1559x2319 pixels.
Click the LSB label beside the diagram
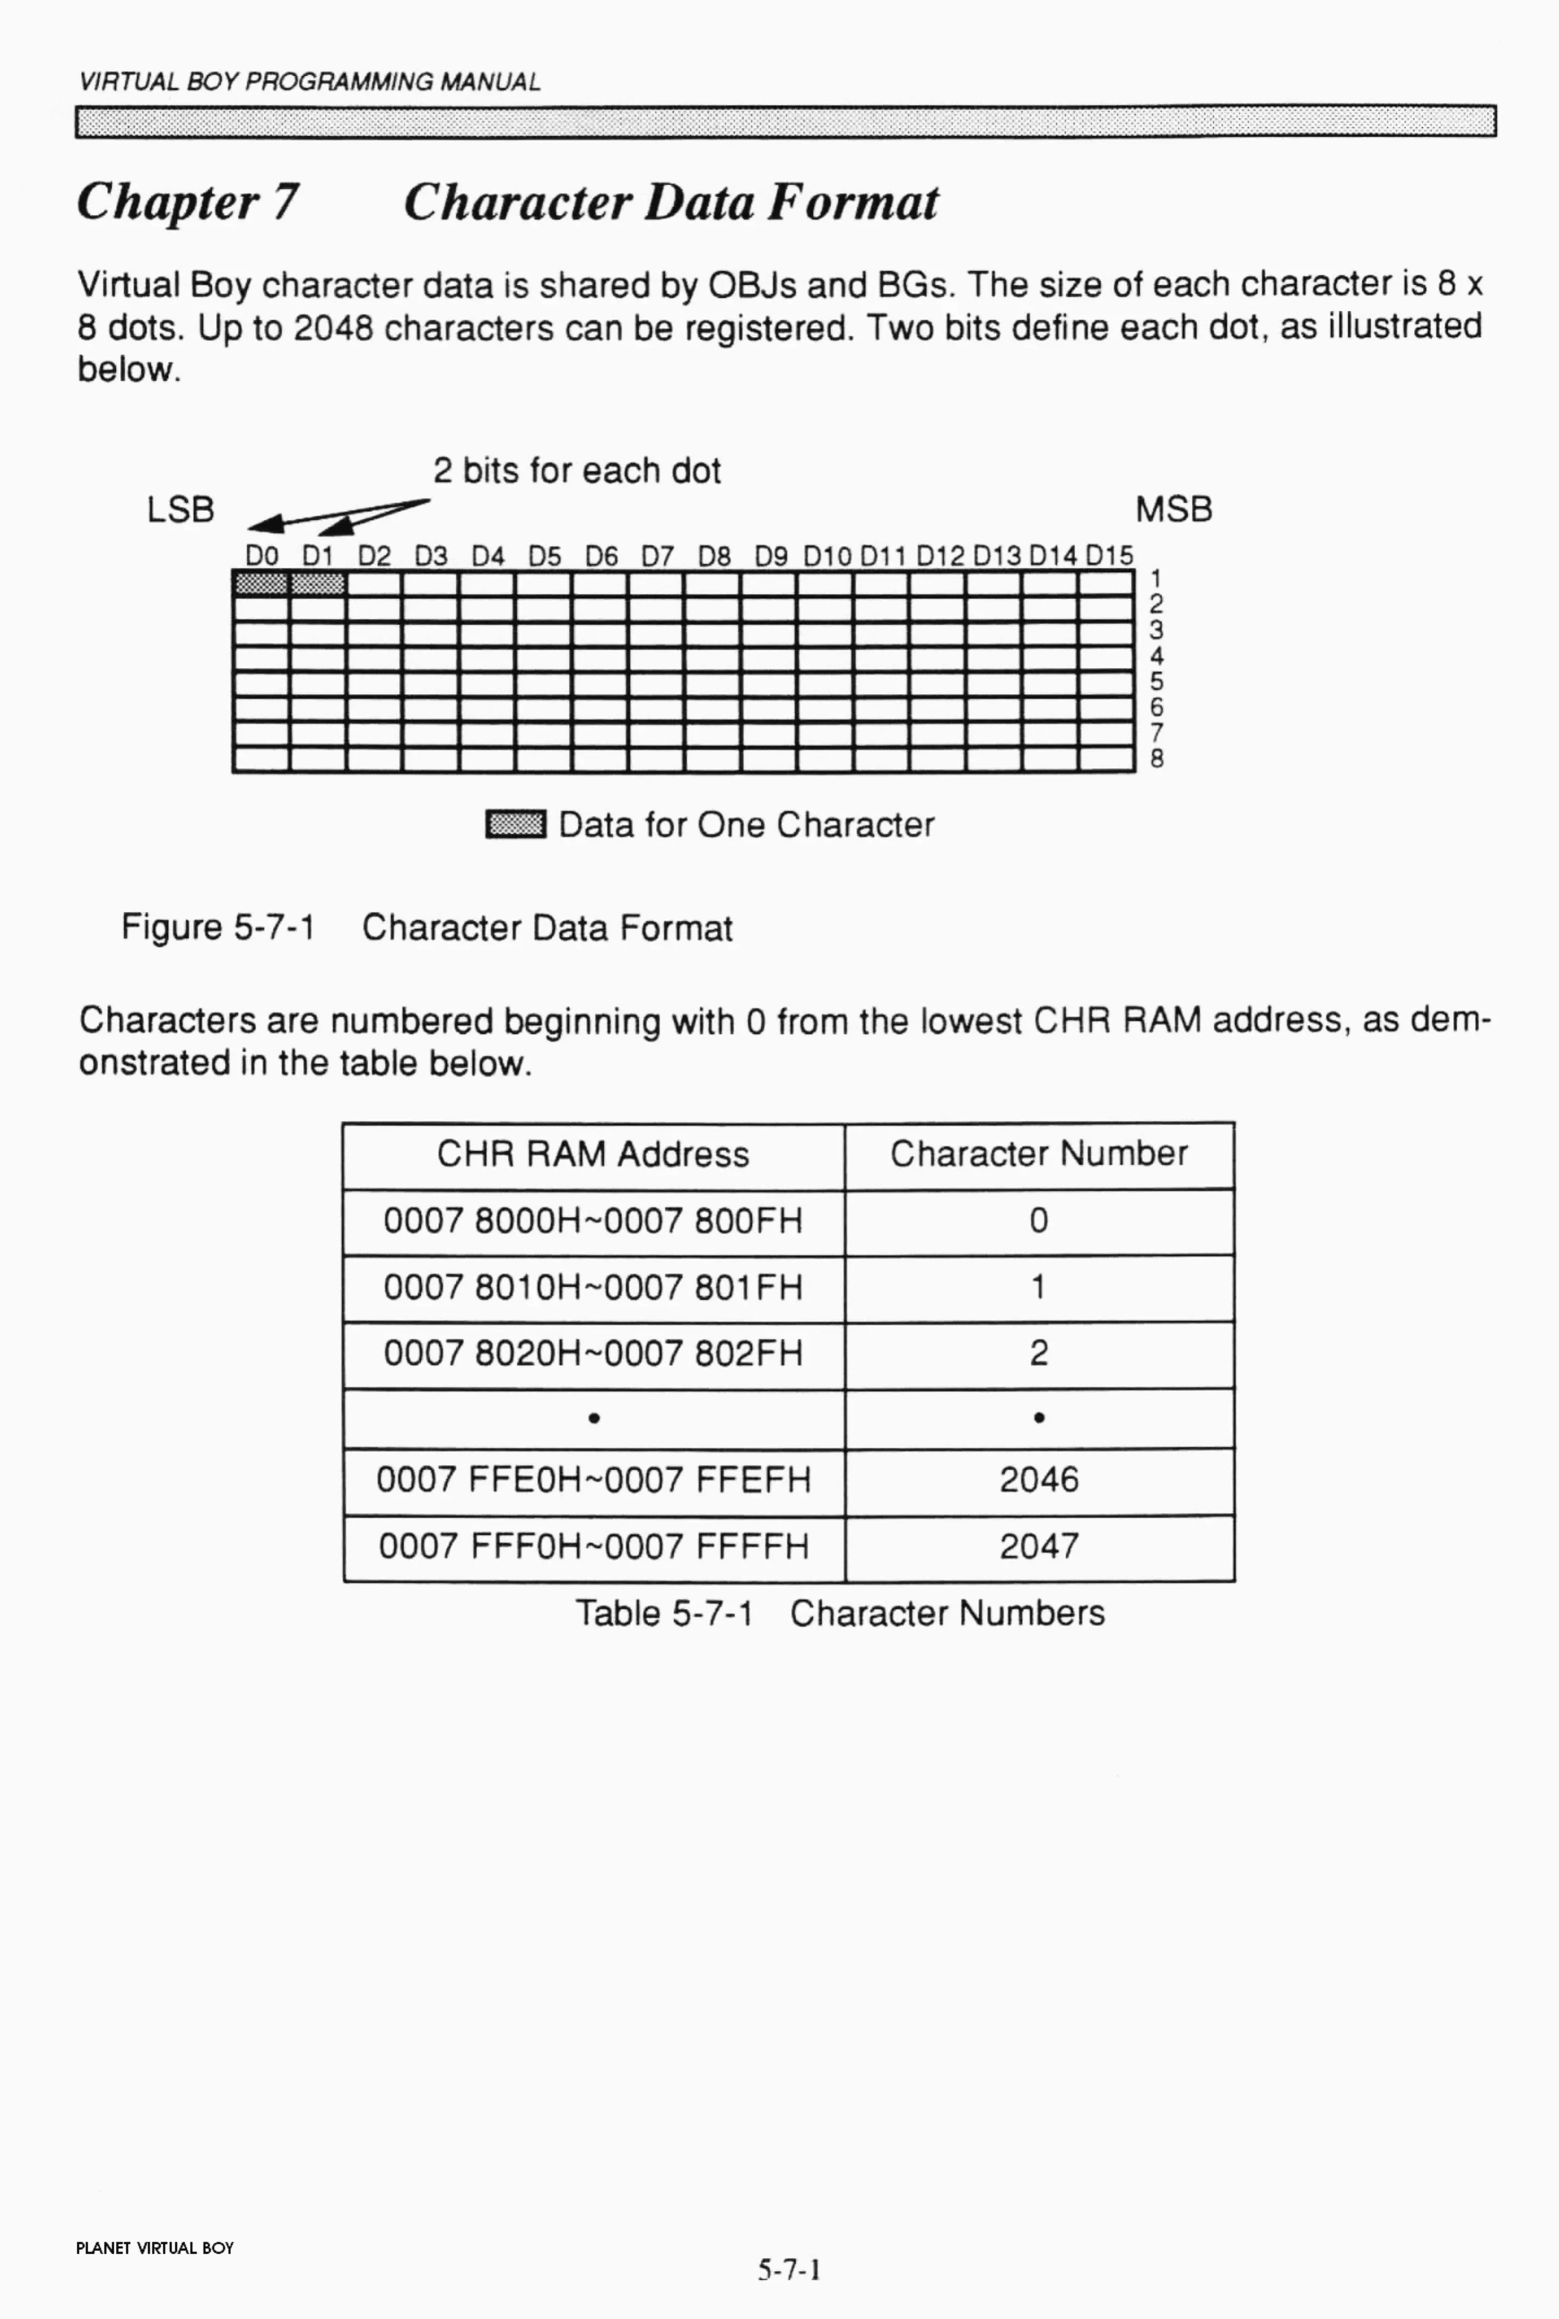click(180, 510)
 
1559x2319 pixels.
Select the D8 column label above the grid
click(714, 556)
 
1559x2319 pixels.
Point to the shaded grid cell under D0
click(261, 582)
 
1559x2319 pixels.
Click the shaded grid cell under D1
click(317, 582)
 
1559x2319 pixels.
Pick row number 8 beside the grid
click(1156, 758)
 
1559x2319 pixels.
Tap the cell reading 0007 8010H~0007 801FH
click(593, 1288)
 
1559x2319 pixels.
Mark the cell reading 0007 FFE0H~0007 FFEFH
click(593, 1480)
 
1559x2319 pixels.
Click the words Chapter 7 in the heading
click(187, 202)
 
